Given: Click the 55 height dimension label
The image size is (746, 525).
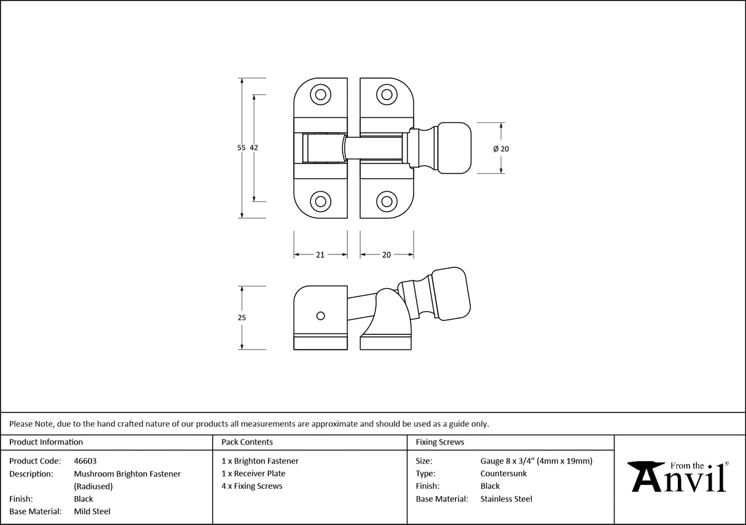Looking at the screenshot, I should pos(241,148).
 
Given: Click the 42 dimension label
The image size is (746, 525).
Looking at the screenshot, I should pos(254,148).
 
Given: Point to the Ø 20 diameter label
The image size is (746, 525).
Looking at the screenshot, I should pos(501,149).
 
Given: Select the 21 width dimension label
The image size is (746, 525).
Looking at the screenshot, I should pos(320,255).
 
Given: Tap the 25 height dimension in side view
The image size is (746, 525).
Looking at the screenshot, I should pos(241,318).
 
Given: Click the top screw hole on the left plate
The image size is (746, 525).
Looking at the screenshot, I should pos(320,94).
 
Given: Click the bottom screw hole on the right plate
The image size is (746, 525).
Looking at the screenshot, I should pos(386,201).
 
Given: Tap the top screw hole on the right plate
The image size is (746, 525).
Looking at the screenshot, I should pos(386,94).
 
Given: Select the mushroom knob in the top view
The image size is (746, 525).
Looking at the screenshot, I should pos(453,148).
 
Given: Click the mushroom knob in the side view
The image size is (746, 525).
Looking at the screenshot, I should pos(451,293).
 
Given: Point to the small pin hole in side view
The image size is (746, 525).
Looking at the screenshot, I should pos(320,315).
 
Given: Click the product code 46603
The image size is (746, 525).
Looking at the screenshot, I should pos(85,461).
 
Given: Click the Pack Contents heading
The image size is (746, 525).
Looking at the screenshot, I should pos(247,442).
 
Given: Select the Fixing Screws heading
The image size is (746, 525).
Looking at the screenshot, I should pos(440,442).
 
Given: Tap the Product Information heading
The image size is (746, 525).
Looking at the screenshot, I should pos(46,442).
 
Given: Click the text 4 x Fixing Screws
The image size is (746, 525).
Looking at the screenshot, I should pos(252,486).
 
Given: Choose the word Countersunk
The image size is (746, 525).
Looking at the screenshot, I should pos(503,474).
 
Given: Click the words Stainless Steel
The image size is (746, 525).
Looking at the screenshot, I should pos(506,499).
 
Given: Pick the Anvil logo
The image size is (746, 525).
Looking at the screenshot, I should pos(680,476).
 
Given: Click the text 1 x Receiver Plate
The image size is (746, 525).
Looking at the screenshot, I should pos(253,474).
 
